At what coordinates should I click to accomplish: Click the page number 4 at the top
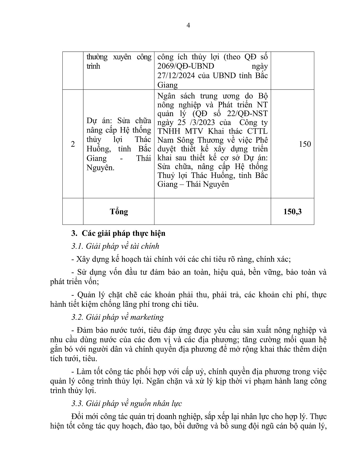click(x=188, y=25)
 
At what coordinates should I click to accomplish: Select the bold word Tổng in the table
click(x=119, y=212)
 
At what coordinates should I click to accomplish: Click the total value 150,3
click(x=293, y=212)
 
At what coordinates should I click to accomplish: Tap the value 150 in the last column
click(x=305, y=144)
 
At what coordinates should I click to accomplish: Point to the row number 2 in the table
click(x=73, y=144)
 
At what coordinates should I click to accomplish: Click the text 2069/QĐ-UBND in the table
click(x=186, y=66)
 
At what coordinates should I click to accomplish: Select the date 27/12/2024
click(x=176, y=76)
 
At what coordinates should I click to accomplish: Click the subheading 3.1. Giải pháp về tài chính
click(x=115, y=246)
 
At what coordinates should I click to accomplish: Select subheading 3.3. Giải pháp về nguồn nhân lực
click(x=126, y=404)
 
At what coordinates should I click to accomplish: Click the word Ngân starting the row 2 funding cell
click(x=166, y=96)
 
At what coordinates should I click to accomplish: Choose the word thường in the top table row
click(x=97, y=57)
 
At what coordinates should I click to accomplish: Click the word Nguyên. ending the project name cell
click(x=101, y=168)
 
